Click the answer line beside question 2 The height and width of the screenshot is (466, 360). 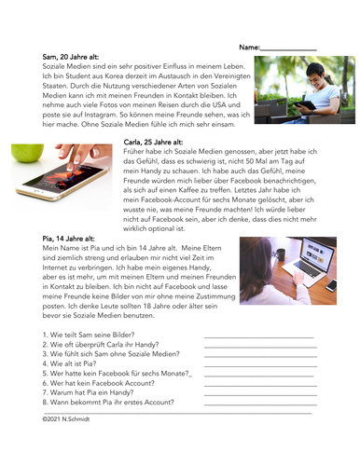point(260,347)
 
